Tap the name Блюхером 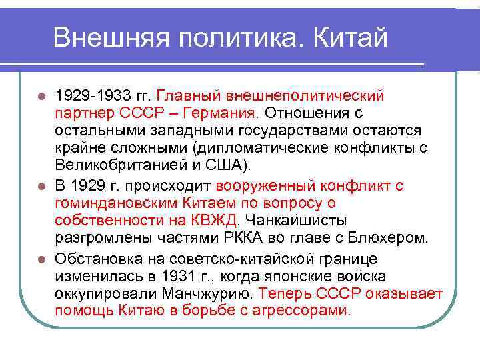[391, 238]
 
